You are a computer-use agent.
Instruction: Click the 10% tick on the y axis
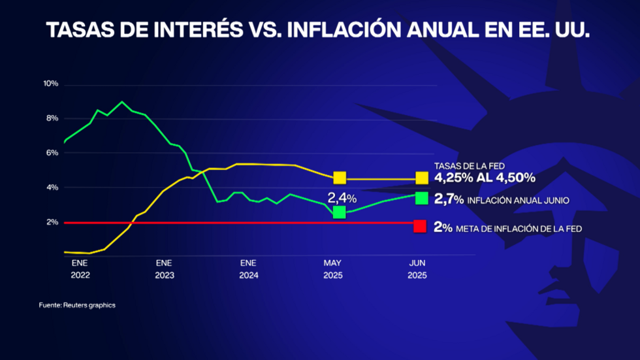50,84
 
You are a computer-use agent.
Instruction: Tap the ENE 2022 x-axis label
80,269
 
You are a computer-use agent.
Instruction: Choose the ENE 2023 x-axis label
165,269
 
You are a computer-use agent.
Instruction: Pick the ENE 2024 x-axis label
249,269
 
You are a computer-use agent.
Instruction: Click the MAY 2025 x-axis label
333,269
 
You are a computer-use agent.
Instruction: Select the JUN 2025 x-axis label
417,269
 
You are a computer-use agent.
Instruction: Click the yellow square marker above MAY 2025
340,178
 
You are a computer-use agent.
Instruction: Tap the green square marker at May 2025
339,212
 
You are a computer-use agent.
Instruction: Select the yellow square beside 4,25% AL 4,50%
421,178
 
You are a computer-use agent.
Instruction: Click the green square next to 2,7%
421,199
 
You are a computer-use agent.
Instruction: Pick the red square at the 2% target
421,226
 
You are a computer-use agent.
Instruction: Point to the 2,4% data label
342,197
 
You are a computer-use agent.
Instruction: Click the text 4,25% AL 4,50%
485,178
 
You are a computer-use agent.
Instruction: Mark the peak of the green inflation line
122,102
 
